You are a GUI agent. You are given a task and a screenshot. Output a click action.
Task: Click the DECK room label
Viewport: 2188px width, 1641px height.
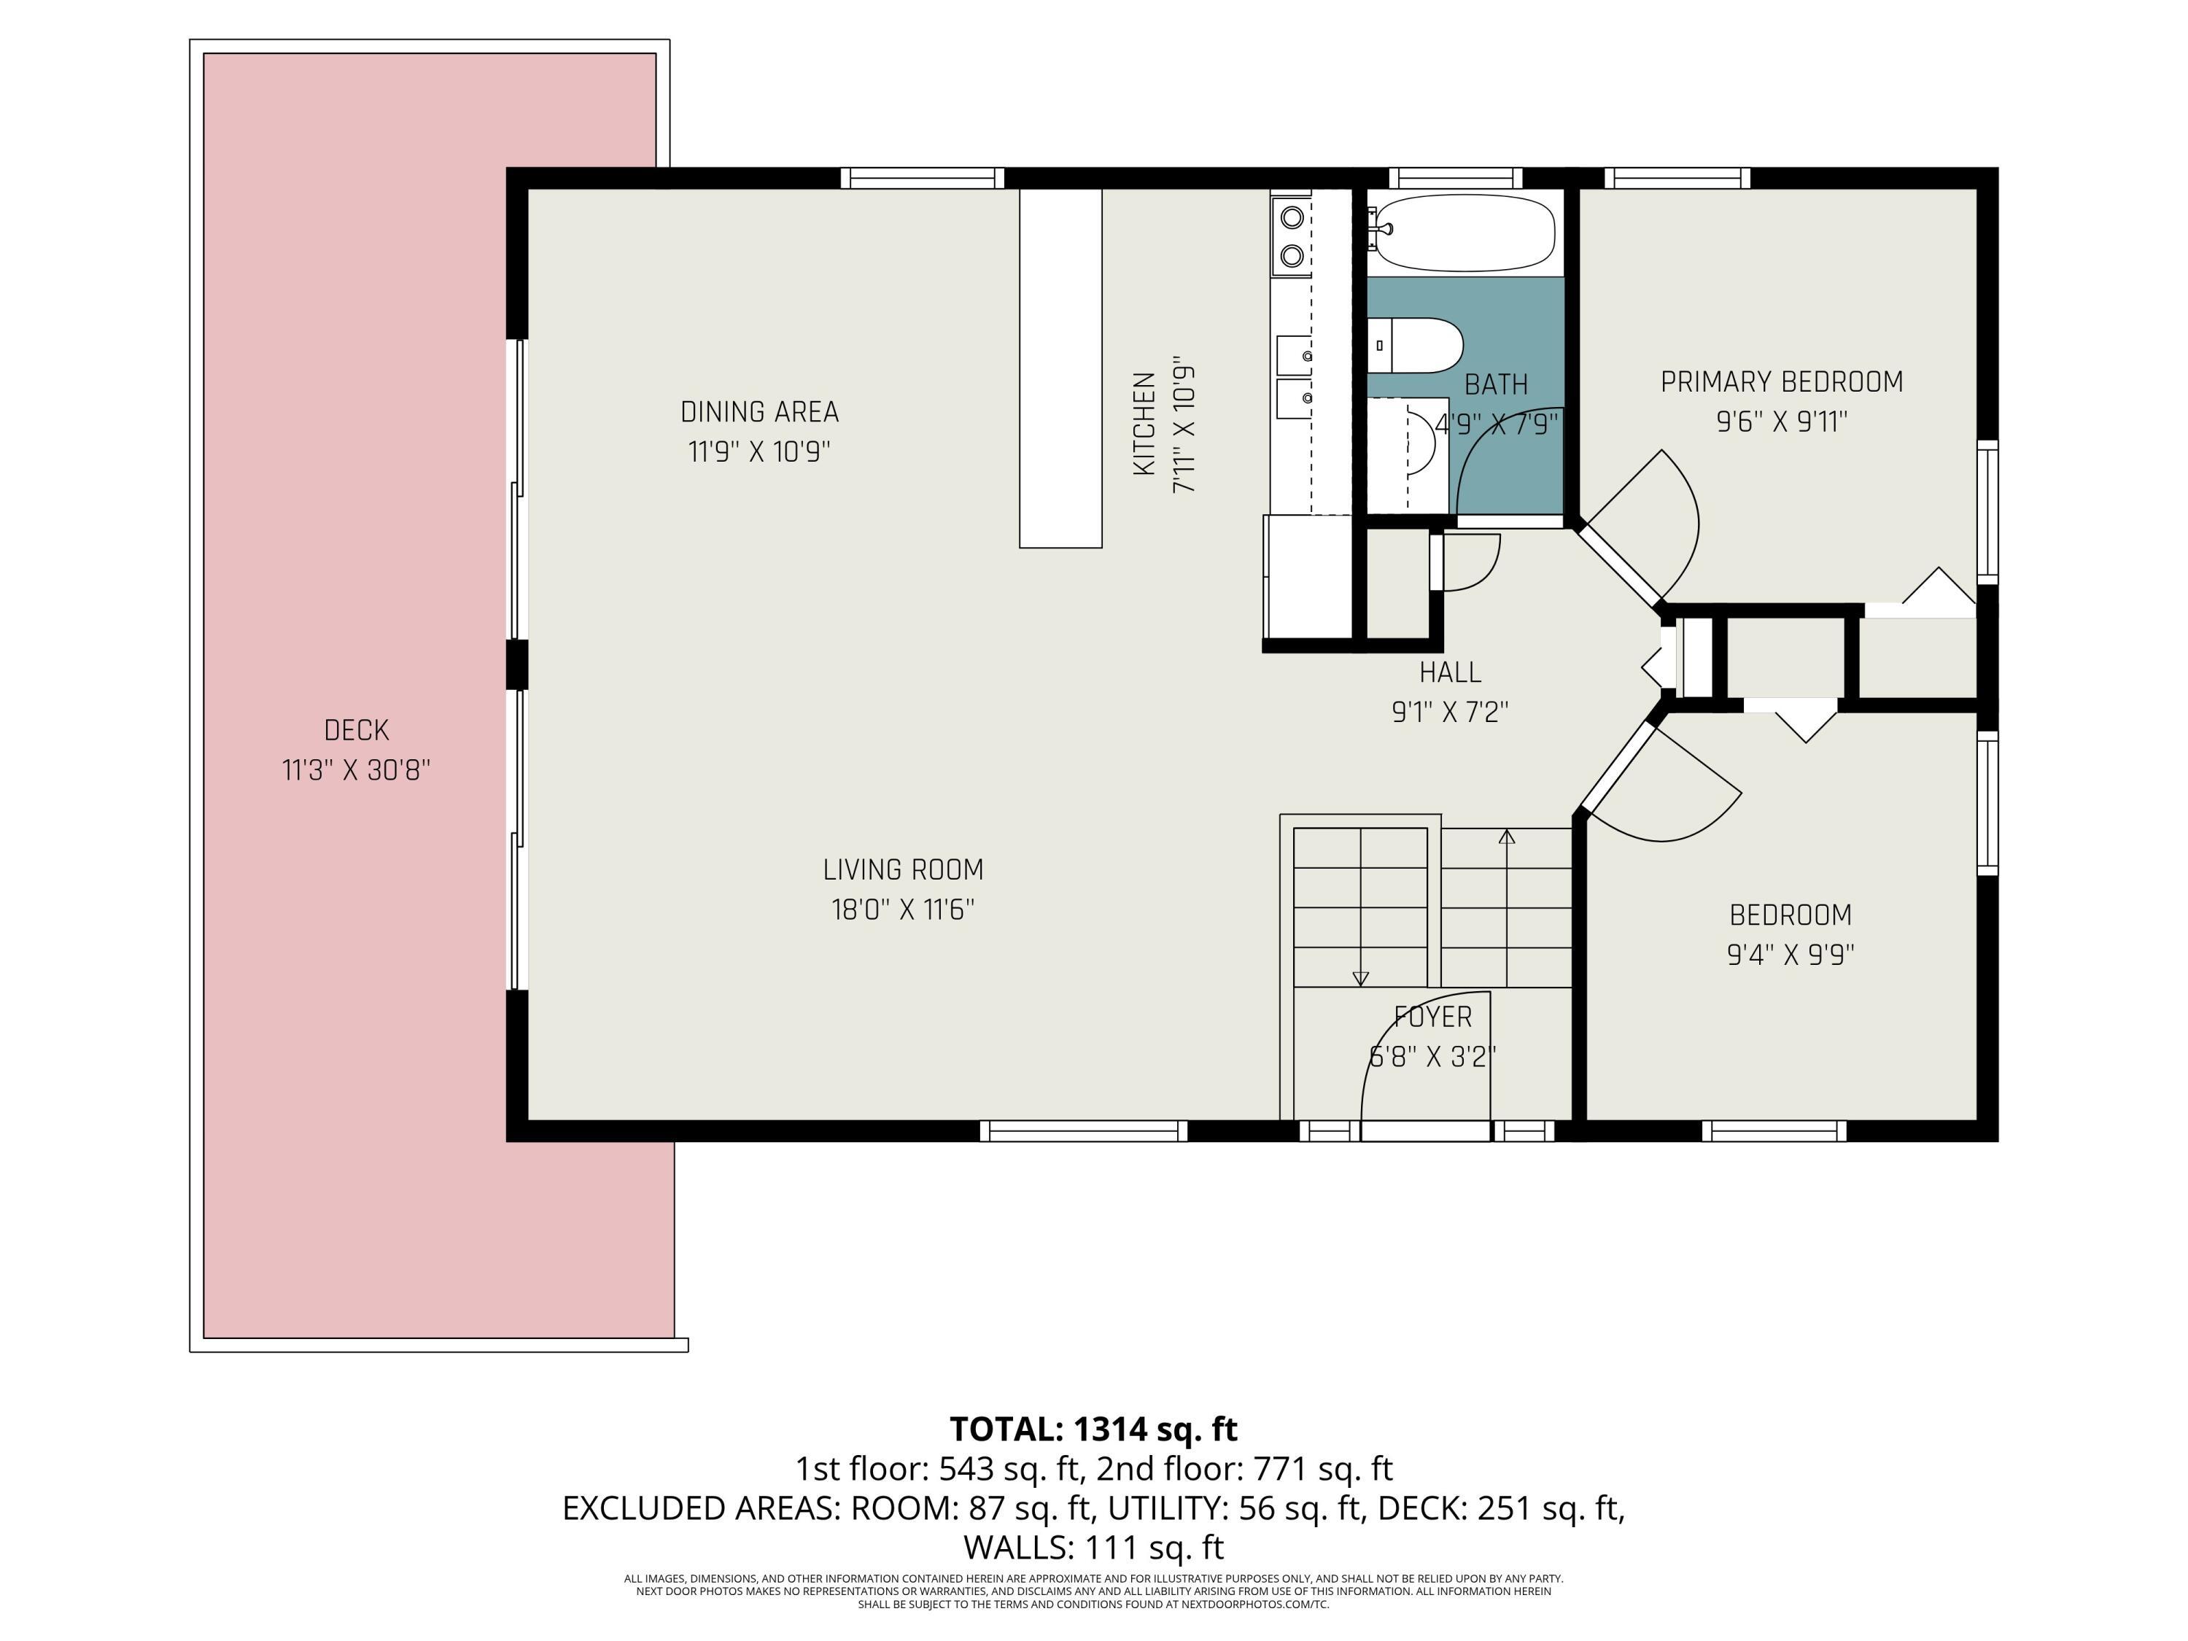(356, 730)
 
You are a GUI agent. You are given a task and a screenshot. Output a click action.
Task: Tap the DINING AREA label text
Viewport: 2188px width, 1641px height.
(760, 411)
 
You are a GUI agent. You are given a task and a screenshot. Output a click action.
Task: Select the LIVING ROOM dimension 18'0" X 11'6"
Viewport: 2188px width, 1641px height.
(903, 909)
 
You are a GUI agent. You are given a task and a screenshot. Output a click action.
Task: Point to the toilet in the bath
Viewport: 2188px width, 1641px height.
(1414, 345)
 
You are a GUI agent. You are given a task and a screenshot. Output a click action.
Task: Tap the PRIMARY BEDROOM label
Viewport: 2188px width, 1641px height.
(1782, 382)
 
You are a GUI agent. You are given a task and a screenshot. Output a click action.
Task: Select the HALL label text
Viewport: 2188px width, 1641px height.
(1450, 672)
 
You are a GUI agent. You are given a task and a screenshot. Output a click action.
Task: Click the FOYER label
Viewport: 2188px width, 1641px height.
(1433, 1017)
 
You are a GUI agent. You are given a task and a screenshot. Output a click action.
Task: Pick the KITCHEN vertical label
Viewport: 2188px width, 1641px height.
(1144, 423)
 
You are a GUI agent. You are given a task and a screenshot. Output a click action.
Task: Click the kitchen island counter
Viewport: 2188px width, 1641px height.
(1060, 368)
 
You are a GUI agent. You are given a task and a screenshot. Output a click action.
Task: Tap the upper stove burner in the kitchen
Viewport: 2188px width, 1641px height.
(1291, 216)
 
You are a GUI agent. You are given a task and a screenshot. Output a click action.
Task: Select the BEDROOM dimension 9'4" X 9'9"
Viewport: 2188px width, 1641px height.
(1791, 955)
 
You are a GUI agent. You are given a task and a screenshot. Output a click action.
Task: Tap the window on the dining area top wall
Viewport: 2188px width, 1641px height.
(923, 178)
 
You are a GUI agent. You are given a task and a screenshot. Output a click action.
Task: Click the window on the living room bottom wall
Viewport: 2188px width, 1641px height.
(1084, 1130)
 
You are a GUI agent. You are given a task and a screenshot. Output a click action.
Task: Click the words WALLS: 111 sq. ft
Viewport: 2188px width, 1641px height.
(1093, 1546)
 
